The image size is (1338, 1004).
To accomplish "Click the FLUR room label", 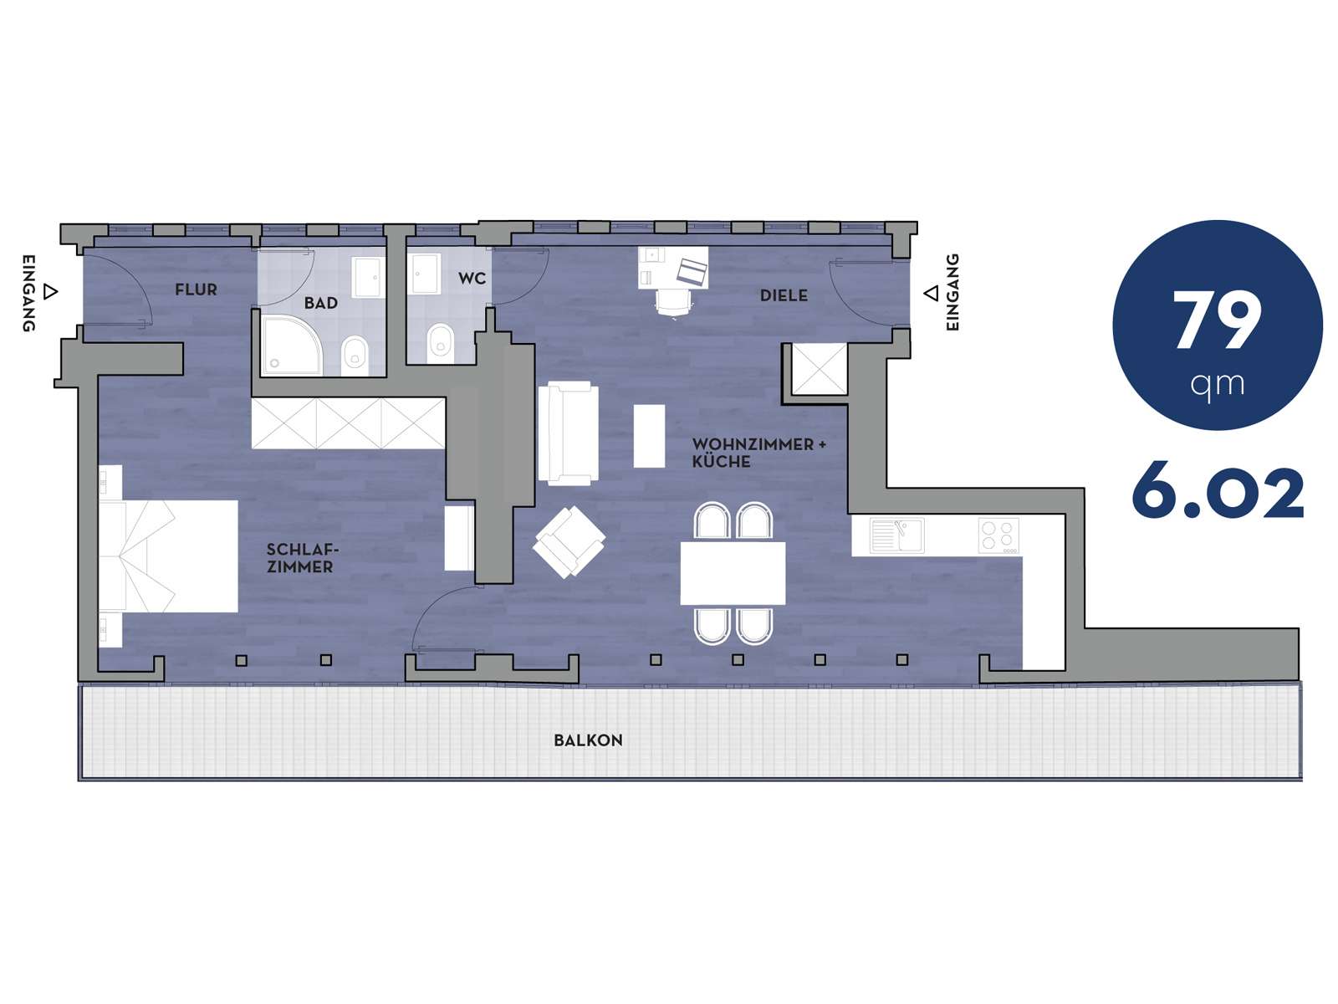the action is point(196,289).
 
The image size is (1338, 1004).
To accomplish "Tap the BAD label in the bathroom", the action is point(320,303).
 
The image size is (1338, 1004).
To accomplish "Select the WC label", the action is point(472,279).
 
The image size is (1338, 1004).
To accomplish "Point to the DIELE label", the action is point(784,295).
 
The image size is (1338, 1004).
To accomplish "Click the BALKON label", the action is point(588,740).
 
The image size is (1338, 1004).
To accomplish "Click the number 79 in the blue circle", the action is point(1217,320).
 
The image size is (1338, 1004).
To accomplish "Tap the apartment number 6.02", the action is point(1218,493).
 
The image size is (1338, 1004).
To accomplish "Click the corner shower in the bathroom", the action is point(292,345).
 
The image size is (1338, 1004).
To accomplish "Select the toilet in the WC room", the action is point(440,341).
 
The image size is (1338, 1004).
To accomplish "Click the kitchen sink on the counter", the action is point(896,535).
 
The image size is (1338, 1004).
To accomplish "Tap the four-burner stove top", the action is point(998,535).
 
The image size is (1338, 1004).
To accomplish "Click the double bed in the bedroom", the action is point(169,556).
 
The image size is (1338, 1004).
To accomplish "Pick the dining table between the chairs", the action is point(733,572).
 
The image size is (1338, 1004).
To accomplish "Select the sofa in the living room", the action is point(565,433).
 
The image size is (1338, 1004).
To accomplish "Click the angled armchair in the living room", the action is point(569,542).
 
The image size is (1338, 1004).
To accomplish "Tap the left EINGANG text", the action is point(28,293).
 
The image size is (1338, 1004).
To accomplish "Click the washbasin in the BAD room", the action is point(368,278).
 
